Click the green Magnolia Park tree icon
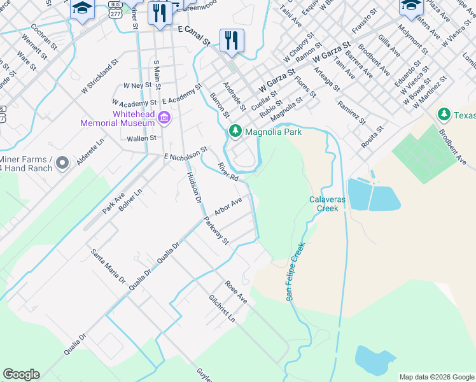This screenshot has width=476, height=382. (235, 131)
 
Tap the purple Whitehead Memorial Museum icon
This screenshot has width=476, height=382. (164, 118)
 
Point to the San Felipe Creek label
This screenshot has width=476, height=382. (295, 271)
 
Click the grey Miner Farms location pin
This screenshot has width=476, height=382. (62, 163)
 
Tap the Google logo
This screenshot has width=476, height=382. (21, 374)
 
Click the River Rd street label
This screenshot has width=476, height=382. (227, 171)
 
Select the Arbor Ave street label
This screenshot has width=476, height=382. (228, 207)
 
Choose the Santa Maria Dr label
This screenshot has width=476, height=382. (108, 265)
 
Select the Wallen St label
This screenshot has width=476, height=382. (141, 138)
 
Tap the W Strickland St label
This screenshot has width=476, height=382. (101, 78)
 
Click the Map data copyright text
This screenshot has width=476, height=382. (436, 377)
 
